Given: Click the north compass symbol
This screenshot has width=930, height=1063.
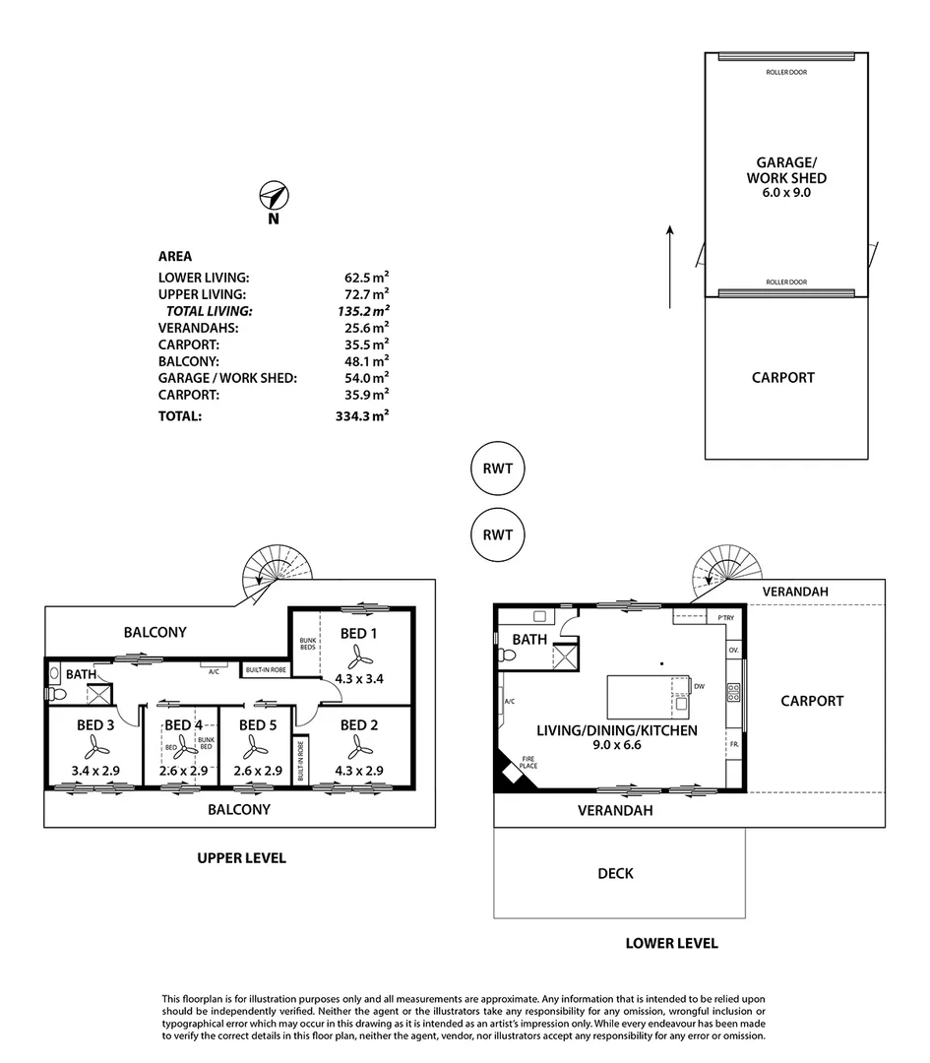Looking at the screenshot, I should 273,195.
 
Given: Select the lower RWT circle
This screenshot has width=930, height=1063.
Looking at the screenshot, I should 498,535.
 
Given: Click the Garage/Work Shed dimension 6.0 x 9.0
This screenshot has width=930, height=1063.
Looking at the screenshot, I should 785,194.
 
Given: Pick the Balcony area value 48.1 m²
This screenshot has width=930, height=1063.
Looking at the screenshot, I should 361,361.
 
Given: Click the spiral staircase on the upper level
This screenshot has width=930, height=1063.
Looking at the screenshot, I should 275,572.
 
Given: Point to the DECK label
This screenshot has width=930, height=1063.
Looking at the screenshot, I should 615,873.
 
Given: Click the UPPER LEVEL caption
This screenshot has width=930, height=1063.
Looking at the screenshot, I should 241,858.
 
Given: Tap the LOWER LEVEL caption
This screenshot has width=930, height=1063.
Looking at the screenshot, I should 671,943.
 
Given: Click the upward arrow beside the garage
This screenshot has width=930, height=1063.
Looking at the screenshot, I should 670,266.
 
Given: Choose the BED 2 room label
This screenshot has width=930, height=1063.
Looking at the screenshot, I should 359,725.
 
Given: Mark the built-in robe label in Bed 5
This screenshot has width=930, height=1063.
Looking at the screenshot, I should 300,761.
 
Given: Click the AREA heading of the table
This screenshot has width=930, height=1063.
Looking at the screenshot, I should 175,256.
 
